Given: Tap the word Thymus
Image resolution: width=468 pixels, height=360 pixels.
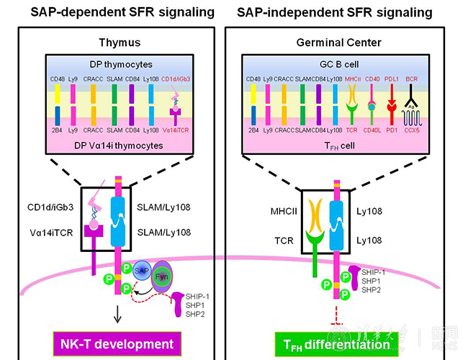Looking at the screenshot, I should [117, 42].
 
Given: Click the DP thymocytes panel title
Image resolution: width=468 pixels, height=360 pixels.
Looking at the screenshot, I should [117, 65].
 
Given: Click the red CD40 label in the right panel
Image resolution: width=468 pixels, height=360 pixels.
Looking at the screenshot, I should [372, 79].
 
